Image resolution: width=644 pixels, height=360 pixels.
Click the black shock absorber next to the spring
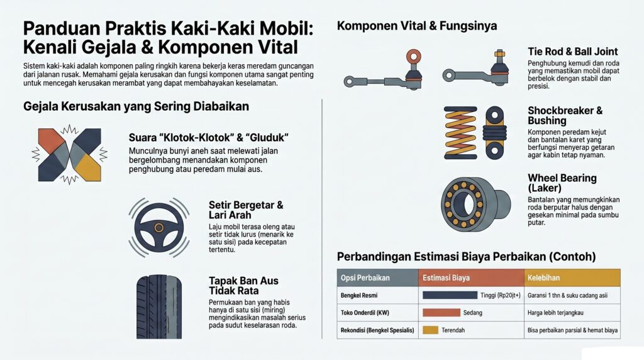pyautogui.click(x=495, y=132)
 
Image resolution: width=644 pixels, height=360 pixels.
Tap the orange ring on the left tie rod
pyautogui.click(x=413, y=57)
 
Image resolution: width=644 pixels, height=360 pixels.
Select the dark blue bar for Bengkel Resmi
pyautogui.click(x=450, y=295)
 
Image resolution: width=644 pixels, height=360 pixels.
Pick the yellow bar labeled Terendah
pyautogui.click(x=431, y=330)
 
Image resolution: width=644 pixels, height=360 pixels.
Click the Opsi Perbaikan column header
pyautogui.click(x=364, y=278)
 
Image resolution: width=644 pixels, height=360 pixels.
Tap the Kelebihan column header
pyautogui.click(x=544, y=278)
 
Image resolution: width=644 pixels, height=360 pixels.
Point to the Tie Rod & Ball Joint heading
pyautogui.click(x=572, y=52)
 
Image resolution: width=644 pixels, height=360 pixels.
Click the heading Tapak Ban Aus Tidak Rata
pyautogui.click(x=243, y=285)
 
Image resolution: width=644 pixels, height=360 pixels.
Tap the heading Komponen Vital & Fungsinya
pyautogui.click(x=417, y=26)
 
